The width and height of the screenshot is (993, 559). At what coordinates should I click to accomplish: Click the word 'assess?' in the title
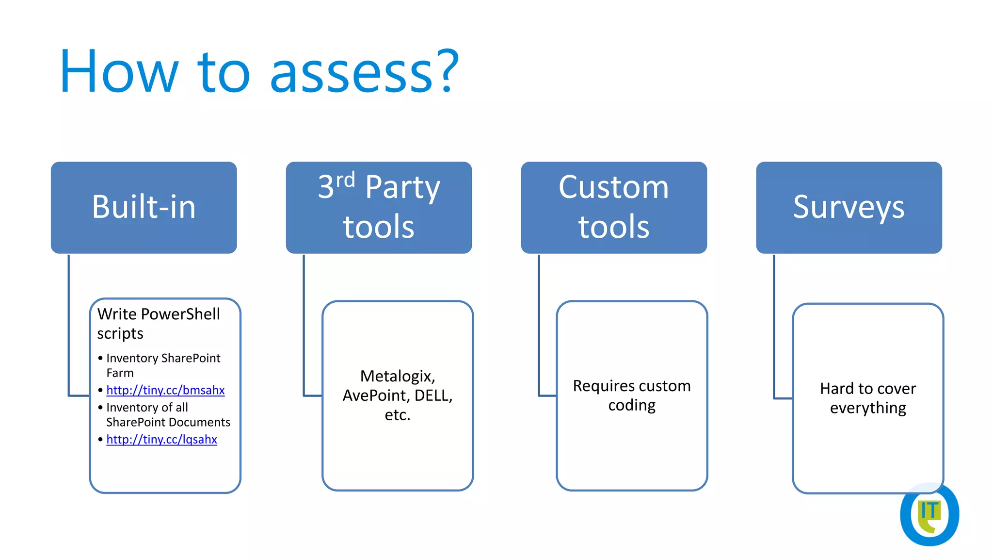point(364,73)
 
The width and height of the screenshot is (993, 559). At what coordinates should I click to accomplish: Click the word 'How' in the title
point(119,73)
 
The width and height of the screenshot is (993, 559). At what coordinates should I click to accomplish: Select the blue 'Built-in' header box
point(144,207)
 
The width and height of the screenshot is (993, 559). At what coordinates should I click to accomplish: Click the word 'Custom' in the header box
point(613,187)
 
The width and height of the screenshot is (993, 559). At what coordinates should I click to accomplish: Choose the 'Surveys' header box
point(849,207)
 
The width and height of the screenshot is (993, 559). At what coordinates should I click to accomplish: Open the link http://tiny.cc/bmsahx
point(165,390)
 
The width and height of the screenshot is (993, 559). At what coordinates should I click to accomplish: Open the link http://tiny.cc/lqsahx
point(161,439)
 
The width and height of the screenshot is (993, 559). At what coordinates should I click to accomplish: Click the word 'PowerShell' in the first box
point(180,314)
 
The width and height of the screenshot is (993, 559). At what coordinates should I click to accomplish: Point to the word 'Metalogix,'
point(398,376)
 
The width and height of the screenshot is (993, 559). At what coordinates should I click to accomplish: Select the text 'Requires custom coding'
point(632,395)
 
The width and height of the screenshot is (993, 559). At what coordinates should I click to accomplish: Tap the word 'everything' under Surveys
point(867,408)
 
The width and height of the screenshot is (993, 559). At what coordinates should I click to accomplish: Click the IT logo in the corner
point(929,514)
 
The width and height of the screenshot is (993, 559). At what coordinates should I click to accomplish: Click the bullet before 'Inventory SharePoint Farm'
point(100,359)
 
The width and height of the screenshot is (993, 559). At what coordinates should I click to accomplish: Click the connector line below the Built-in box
point(69,325)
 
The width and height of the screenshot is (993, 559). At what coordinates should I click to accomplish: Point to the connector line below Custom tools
point(539,325)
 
